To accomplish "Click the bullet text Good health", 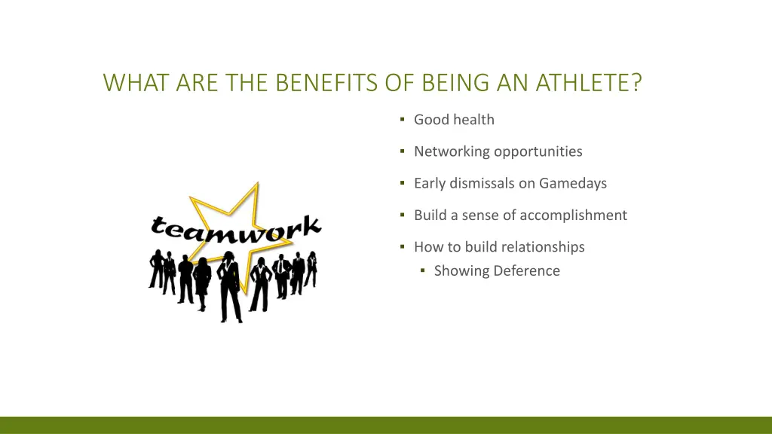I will click(x=454, y=119).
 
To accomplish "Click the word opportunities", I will click(x=538, y=151).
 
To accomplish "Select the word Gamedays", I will click(x=573, y=183).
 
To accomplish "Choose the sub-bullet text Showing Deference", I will click(x=497, y=270).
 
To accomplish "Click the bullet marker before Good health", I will click(x=403, y=119).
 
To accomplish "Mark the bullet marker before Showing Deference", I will click(x=423, y=270).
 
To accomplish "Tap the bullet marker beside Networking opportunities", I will click(x=403, y=151).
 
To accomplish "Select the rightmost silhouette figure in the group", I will click(x=311, y=267).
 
